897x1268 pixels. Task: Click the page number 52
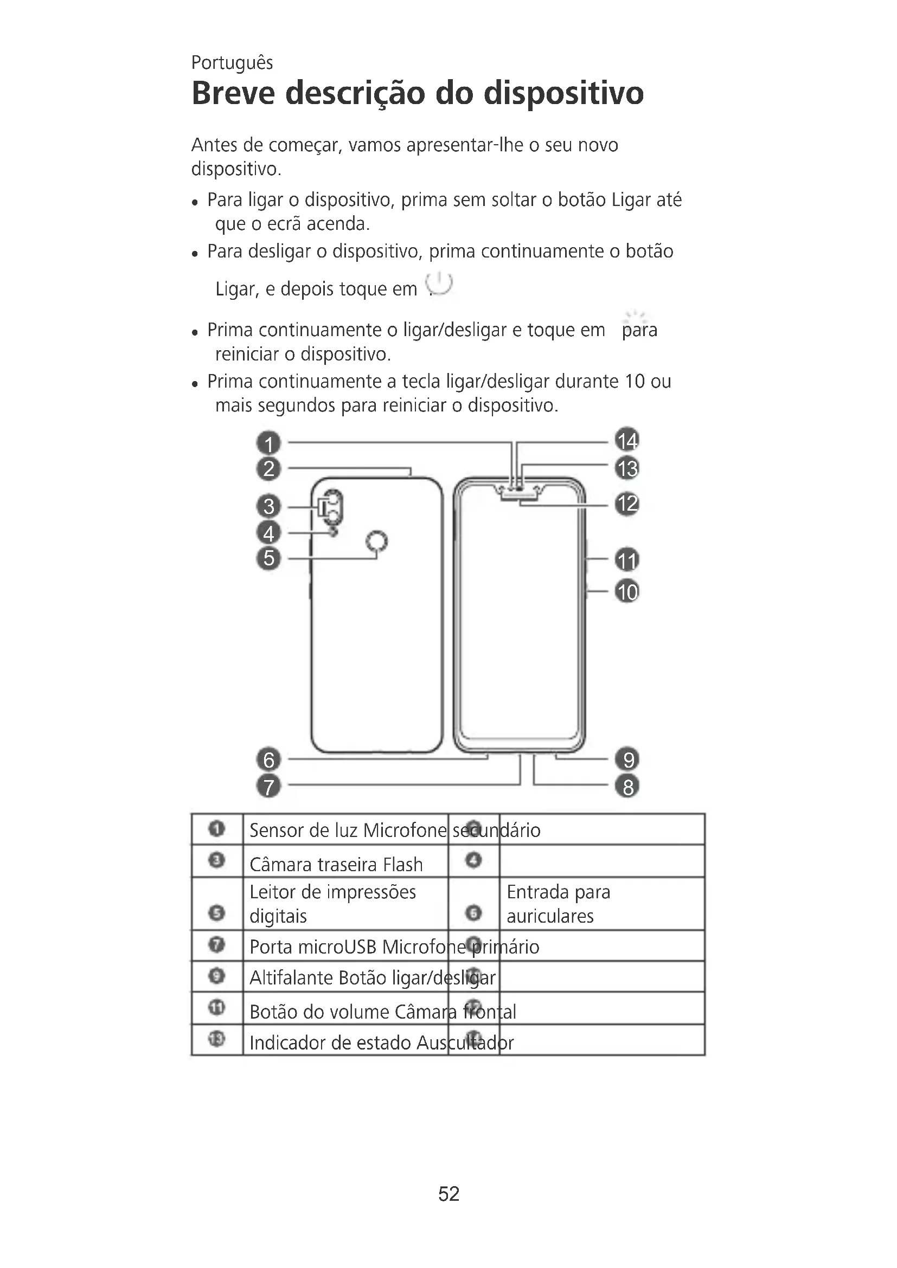pyautogui.click(x=448, y=1193)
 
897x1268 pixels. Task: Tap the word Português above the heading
pyautogui.click(x=232, y=63)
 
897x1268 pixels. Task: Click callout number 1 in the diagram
pyautogui.click(x=268, y=443)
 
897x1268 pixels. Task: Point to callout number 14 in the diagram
pyautogui.click(x=627, y=441)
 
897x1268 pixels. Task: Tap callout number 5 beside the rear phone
pyautogui.click(x=268, y=558)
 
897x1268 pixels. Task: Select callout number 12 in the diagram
pyautogui.click(x=627, y=504)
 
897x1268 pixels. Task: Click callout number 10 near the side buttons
pyautogui.click(x=627, y=591)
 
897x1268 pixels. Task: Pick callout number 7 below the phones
pyautogui.click(x=268, y=786)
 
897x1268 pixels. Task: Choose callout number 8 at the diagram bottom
pyautogui.click(x=627, y=786)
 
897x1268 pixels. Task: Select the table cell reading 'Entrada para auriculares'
pyautogui.click(x=558, y=904)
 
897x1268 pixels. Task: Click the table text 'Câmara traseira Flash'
pyautogui.click(x=336, y=864)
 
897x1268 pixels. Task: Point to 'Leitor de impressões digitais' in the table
pyautogui.click(x=332, y=904)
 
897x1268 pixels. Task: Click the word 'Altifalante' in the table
pyautogui.click(x=291, y=977)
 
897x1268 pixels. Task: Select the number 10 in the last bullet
pyautogui.click(x=635, y=382)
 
